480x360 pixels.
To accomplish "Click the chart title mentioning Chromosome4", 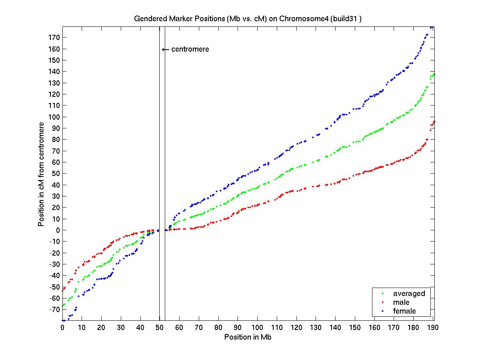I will click(x=248, y=19).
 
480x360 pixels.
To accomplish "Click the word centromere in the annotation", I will click(x=190, y=49).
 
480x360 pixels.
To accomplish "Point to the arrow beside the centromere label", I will click(x=165, y=50).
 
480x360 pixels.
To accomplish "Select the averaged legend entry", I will click(x=409, y=294).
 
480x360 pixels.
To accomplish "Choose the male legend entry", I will click(x=401, y=302).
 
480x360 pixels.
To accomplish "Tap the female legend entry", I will click(x=404, y=311).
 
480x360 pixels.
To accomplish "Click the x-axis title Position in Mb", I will click(x=248, y=337).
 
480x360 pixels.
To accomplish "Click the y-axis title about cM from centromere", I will click(x=41, y=174).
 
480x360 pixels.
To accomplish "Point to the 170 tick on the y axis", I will click(x=54, y=38).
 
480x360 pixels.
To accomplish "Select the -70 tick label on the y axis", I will click(x=53, y=309).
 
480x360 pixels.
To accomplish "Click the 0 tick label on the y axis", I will click(x=58, y=230).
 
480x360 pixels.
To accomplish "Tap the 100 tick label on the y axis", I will click(x=54, y=117).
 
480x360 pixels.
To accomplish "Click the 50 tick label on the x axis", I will click(x=160, y=327).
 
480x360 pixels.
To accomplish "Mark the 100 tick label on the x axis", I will click(x=257, y=327).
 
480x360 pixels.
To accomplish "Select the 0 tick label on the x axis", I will click(x=62, y=327).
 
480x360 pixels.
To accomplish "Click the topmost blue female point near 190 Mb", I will click(x=432, y=27).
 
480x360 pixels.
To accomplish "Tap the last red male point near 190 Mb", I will click(x=434, y=121).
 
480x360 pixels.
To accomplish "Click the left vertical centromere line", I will click(x=160, y=160).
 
